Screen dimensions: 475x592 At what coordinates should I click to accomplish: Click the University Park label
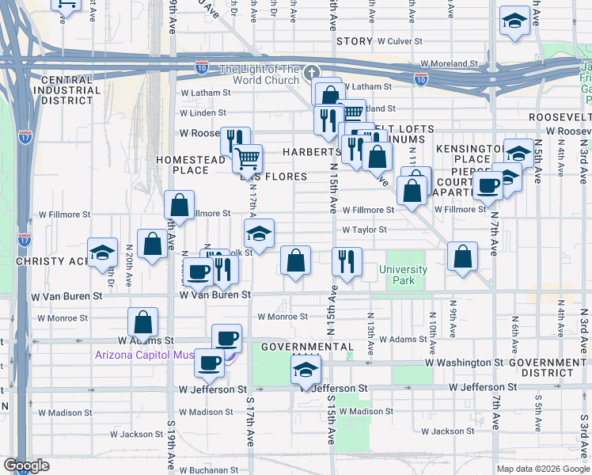[403, 275]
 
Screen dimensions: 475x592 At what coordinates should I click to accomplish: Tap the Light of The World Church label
[259, 74]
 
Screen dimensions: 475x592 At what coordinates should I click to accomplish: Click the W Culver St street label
[408, 40]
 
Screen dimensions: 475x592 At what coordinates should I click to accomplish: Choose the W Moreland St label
[450, 63]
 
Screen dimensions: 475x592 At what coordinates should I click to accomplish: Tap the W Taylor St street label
[364, 230]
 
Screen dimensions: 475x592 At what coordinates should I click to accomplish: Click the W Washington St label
[464, 363]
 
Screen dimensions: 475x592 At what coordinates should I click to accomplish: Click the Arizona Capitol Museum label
[145, 355]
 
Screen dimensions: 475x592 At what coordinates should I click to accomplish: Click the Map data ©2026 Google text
[542, 469]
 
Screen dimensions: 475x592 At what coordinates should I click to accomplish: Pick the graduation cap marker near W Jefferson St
[305, 370]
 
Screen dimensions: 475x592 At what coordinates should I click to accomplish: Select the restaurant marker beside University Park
[346, 261]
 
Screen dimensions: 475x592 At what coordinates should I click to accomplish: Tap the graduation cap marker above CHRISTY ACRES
[102, 253]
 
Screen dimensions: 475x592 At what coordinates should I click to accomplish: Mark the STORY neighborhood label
[353, 40]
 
